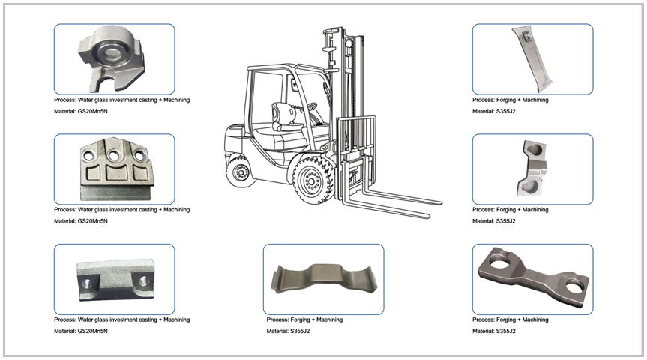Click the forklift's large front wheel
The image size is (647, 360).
(312, 179)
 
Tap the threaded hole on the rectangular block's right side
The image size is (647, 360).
(144, 280)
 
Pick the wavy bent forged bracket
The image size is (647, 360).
(323, 279)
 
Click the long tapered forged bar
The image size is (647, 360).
(531, 59)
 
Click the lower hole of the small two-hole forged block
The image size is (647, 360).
(530, 187)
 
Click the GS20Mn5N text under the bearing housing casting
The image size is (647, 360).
(92, 111)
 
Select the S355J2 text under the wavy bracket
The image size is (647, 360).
(300, 331)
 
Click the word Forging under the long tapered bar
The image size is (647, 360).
(506, 100)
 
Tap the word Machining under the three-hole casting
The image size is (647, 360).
(177, 210)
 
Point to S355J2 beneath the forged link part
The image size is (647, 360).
(505, 331)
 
